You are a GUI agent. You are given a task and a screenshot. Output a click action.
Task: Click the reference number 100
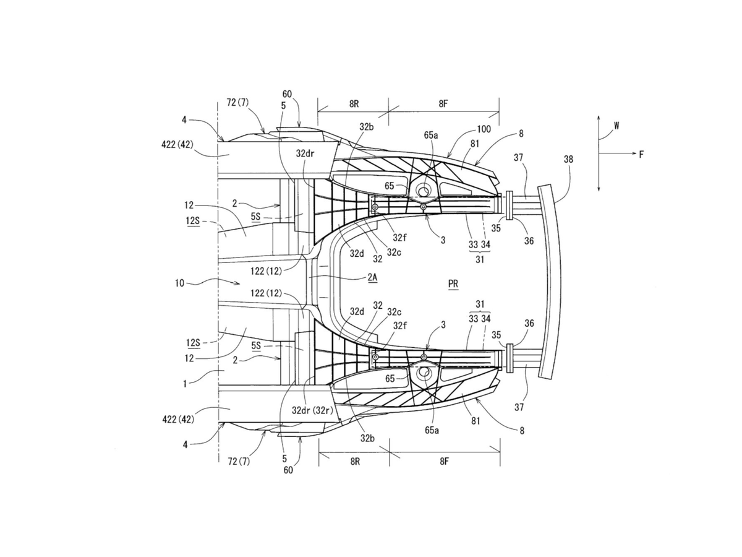click(484, 129)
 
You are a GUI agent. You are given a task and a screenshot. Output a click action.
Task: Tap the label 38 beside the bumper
click(568, 159)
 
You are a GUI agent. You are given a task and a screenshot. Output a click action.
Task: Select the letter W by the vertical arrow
click(616, 126)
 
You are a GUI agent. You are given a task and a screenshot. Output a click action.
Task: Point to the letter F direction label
click(641, 155)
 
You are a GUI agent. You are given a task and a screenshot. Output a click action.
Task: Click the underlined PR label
click(453, 283)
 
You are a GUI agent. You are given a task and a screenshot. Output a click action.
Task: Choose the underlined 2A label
click(372, 277)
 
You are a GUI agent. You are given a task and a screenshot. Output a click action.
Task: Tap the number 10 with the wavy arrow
click(179, 283)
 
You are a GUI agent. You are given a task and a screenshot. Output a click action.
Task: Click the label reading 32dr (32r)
click(312, 410)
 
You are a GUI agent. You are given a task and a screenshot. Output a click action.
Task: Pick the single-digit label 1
click(185, 384)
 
